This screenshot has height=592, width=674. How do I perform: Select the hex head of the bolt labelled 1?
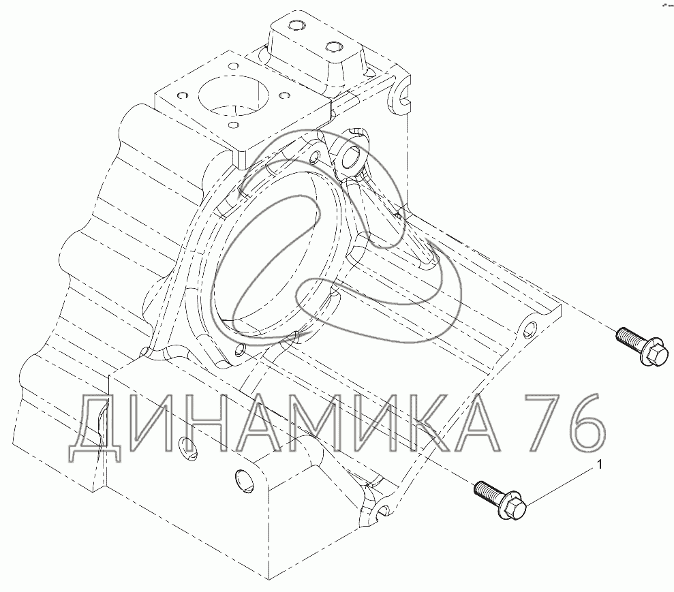(x=515, y=508)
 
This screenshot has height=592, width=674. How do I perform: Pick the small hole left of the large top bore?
(x=181, y=95)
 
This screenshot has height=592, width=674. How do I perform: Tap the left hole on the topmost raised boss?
(x=295, y=27)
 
